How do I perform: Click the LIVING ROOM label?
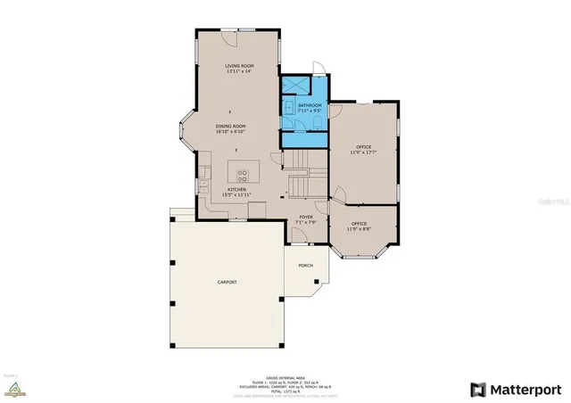click(239, 66)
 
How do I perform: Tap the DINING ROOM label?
click(230, 127)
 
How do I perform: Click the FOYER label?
click(306, 215)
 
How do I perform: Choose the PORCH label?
click(306, 265)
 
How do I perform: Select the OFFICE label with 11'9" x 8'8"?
click(360, 224)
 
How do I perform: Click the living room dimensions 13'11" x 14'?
click(239, 72)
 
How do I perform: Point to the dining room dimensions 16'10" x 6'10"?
click(230, 133)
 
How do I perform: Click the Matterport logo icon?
click(479, 390)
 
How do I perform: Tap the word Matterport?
click(525, 390)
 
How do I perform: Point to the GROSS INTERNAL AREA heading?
click(285, 377)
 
